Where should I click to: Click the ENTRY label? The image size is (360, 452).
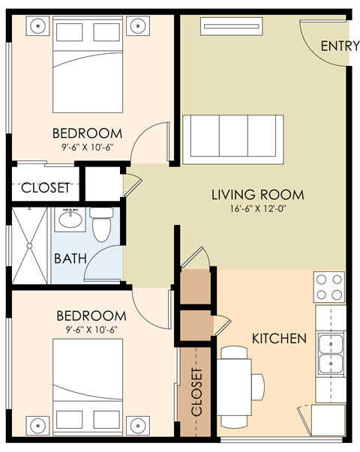340,46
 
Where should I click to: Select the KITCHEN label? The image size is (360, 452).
278,338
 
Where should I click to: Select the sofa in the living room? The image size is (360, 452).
233,139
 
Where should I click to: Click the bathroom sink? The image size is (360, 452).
70,220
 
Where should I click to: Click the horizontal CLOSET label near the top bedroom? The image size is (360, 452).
45,187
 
